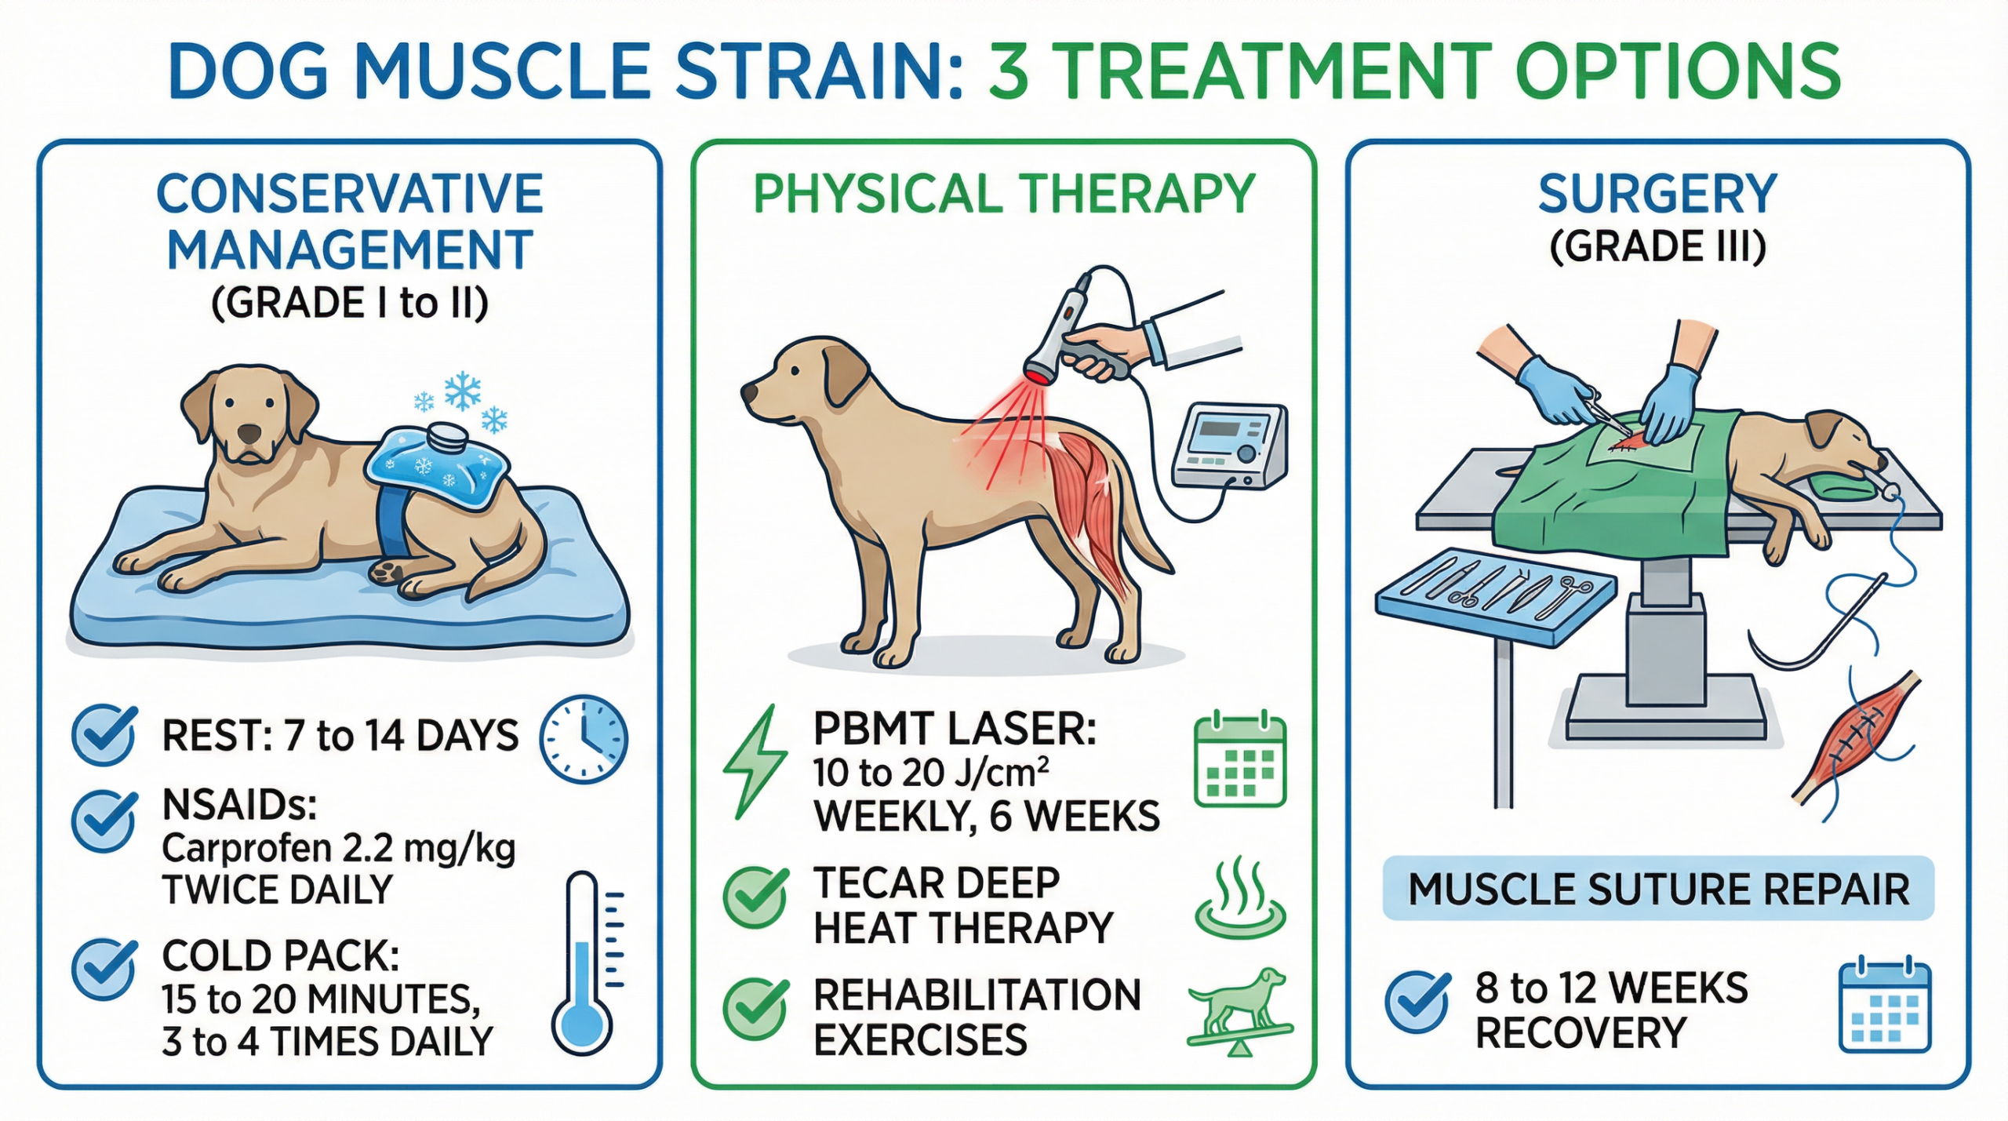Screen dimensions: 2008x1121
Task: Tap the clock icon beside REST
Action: (584, 738)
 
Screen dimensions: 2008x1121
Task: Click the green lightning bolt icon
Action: (755, 761)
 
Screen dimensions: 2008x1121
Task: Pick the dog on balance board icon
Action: (1239, 1012)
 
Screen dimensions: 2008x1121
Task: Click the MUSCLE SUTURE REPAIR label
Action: (1658, 889)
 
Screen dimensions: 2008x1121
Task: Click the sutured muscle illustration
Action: (1855, 737)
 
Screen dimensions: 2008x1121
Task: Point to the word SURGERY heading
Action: (1657, 193)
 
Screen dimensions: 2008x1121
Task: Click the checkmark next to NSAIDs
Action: (104, 820)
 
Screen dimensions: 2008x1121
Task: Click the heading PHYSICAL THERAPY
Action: (1004, 193)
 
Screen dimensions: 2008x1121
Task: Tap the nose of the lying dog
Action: (250, 433)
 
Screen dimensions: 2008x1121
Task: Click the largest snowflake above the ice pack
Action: (463, 390)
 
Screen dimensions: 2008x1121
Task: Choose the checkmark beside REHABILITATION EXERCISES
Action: (755, 1009)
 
